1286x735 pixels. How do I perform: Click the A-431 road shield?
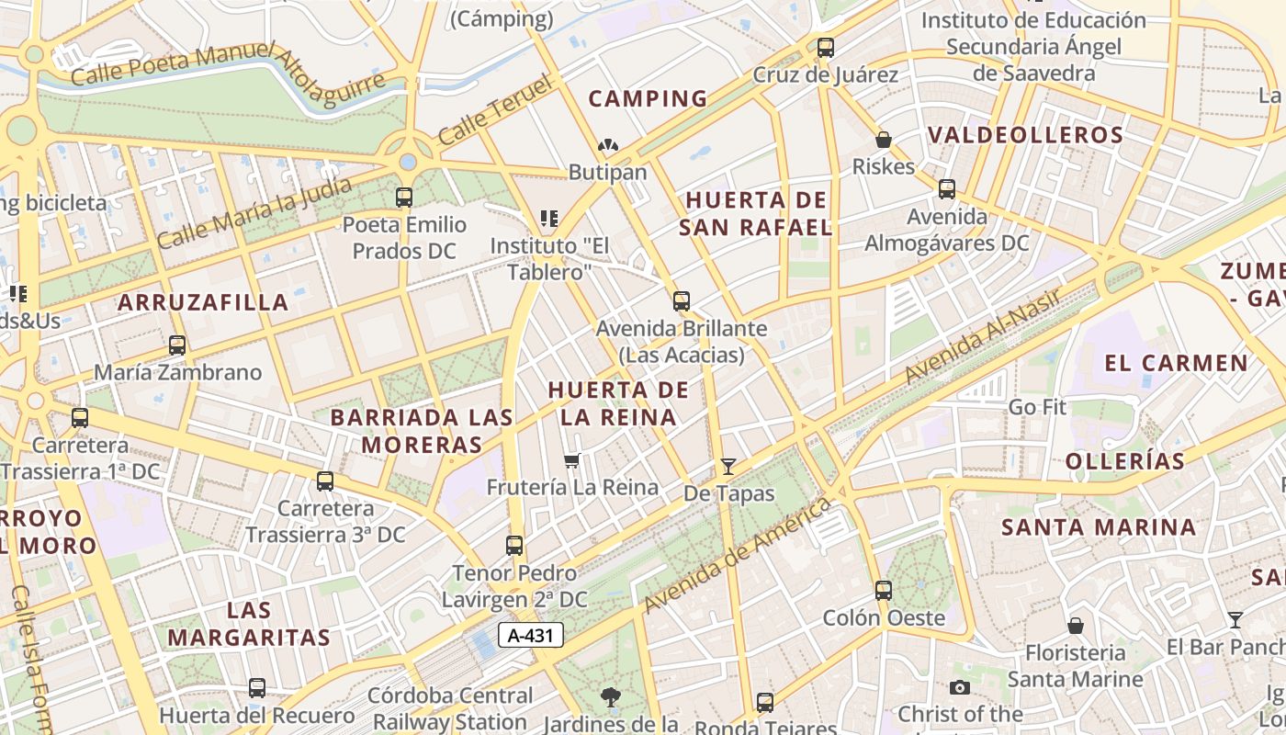pyautogui.click(x=531, y=635)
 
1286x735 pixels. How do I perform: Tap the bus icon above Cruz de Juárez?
pyautogui.click(x=825, y=47)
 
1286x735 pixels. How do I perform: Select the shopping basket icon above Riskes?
pyautogui.click(x=883, y=140)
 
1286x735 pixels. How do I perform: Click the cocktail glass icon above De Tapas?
pyautogui.click(x=728, y=467)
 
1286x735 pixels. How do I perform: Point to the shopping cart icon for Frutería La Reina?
pyautogui.click(x=572, y=460)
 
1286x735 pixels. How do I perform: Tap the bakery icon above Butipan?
pyautogui.click(x=607, y=145)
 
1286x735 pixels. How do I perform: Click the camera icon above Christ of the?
pyautogui.click(x=960, y=687)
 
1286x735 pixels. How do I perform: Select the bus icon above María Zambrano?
pyautogui.click(x=177, y=345)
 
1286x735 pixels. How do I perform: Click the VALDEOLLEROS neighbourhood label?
pyautogui.click(x=1025, y=135)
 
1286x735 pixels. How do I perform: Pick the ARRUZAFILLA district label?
pyautogui.click(x=203, y=302)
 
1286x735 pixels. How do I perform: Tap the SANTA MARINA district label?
pyautogui.click(x=1099, y=527)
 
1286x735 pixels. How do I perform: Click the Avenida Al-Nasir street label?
pyautogui.click(x=983, y=335)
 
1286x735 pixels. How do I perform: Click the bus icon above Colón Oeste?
pyautogui.click(x=883, y=590)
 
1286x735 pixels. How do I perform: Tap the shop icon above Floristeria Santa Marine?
pyautogui.click(x=1075, y=626)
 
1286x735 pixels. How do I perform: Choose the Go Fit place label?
pyautogui.click(x=1037, y=406)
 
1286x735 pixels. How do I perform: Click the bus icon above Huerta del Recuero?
pyautogui.click(x=257, y=687)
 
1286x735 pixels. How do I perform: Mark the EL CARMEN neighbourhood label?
pyautogui.click(x=1176, y=363)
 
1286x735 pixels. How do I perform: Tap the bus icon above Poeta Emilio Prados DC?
pyautogui.click(x=403, y=197)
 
